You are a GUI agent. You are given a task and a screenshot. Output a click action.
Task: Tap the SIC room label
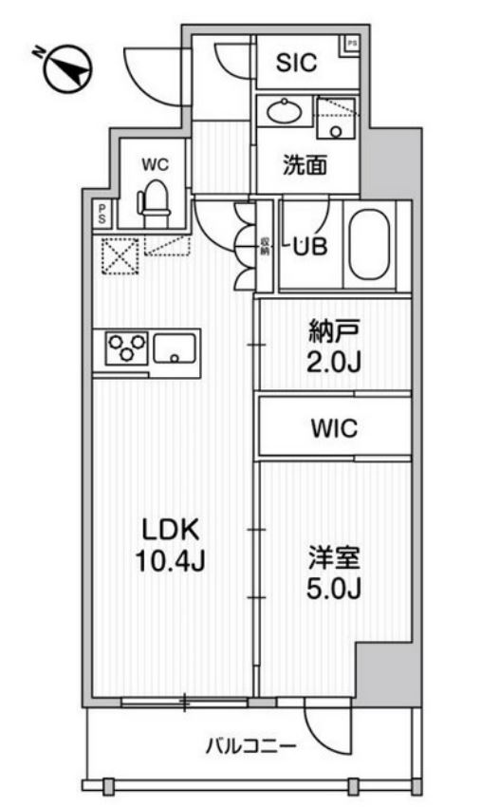[x=296, y=64]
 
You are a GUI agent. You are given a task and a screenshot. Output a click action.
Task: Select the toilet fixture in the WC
[x=153, y=201]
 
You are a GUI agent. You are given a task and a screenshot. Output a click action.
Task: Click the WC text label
[x=155, y=164]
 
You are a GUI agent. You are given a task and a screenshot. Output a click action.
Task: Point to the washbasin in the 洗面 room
[x=286, y=112]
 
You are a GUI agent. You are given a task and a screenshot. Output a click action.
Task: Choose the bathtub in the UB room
[x=371, y=246]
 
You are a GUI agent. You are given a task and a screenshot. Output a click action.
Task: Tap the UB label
[x=309, y=247]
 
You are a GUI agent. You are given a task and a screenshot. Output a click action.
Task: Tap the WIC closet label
[x=334, y=428]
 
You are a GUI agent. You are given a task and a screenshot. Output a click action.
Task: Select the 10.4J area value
[x=170, y=562]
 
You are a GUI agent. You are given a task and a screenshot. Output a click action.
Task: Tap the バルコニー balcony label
[x=251, y=745]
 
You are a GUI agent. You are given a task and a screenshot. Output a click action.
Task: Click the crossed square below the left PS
[x=119, y=253]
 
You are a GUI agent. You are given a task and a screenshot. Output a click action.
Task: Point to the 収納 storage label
[x=266, y=246]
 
